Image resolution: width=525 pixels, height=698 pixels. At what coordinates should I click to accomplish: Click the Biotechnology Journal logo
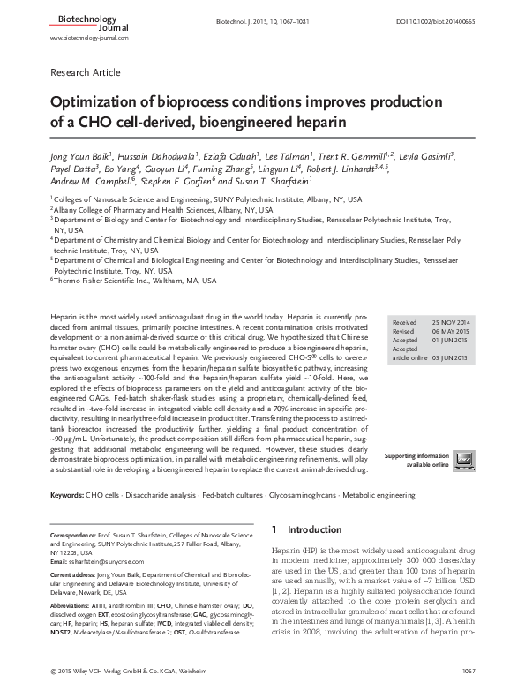[75, 21]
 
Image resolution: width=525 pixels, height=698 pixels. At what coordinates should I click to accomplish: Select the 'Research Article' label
[86, 72]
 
